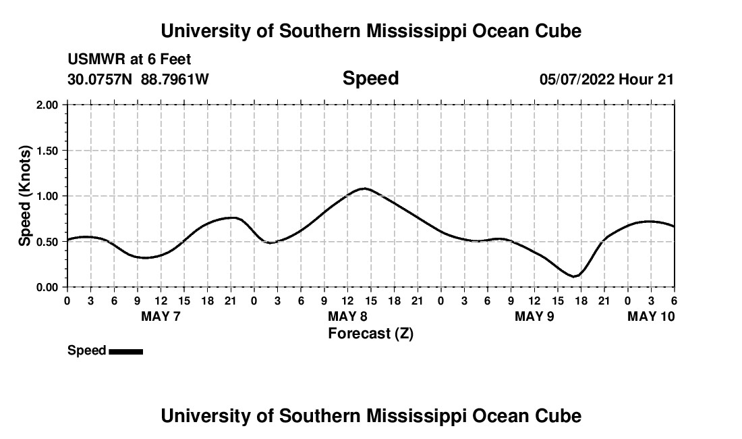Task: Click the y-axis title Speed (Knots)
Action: (x=25, y=196)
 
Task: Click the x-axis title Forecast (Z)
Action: (x=370, y=333)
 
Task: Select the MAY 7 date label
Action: (x=161, y=317)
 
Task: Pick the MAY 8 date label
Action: (x=347, y=317)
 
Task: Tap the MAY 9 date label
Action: (x=534, y=317)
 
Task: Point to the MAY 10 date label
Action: (x=651, y=317)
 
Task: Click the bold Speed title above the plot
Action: (x=370, y=78)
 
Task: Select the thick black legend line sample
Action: (x=125, y=351)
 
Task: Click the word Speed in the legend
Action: (x=87, y=351)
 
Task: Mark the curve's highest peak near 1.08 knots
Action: (x=364, y=188)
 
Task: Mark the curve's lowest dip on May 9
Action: (x=573, y=276)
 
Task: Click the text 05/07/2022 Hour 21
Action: (x=606, y=80)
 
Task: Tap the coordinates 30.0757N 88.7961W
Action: (x=138, y=80)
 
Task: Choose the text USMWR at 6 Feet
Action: (x=130, y=60)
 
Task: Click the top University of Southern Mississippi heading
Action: (x=370, y=31)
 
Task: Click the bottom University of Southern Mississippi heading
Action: (x=370, y=416)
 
